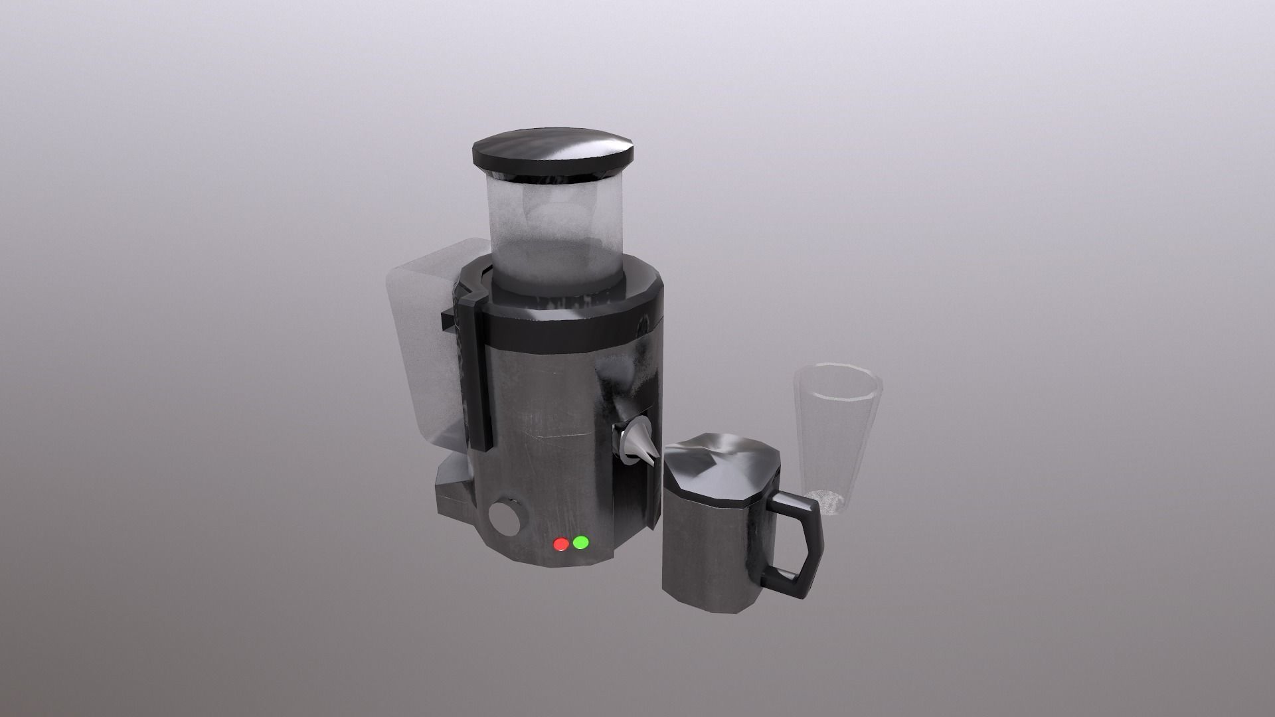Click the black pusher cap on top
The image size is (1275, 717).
[x=552, y=157]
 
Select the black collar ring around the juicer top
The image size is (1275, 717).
[x=571, y=319]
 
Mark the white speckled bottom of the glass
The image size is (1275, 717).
[x=827, y=501]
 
